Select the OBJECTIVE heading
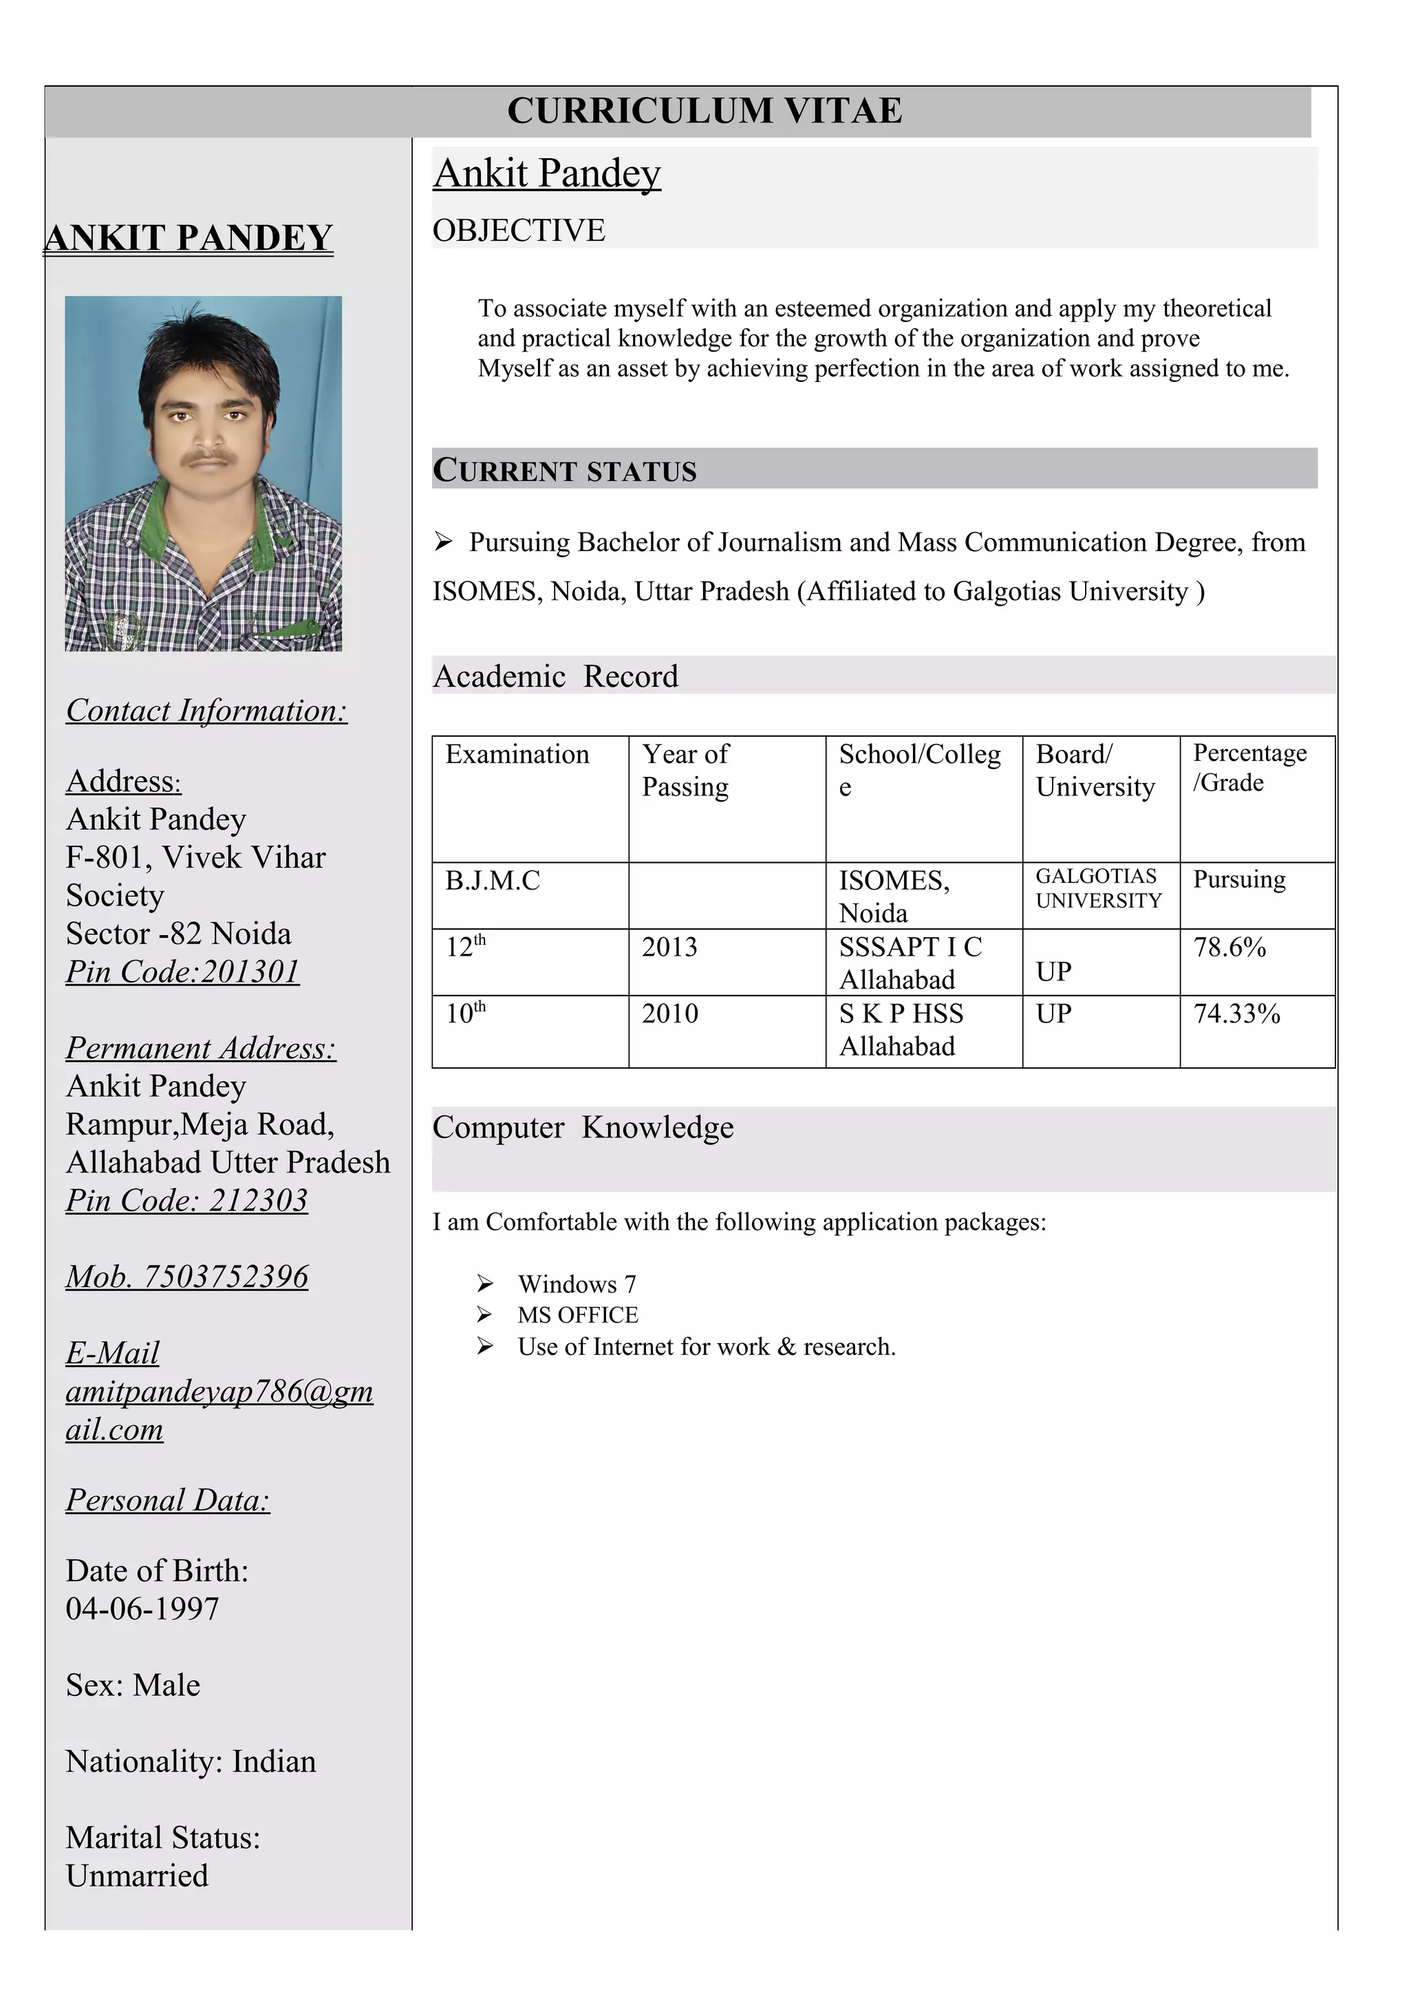(518, 230)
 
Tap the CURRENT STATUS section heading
(564, 470)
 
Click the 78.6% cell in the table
(1229, 947)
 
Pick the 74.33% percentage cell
(1236, 1014)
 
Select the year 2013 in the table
(669, 947)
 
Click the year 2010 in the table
(669, 1014)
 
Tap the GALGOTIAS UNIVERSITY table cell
(1097, 888)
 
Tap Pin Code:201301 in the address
(182, 971)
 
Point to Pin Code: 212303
(186, 1200)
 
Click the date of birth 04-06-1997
(142, 1609)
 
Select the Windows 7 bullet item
(577, 1284)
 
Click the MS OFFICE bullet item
(577, 1315)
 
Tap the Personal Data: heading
(168, 1500)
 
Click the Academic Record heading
(556, 676)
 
